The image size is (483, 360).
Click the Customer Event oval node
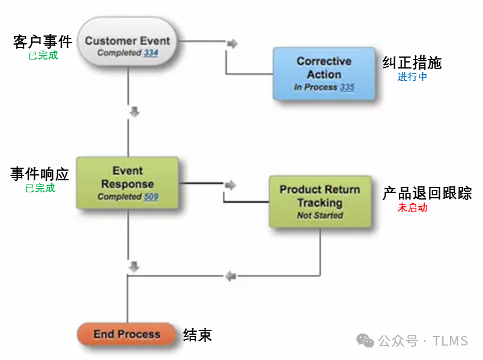(127, 41)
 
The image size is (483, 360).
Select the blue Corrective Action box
(324, 74)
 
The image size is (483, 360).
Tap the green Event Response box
(127, 183)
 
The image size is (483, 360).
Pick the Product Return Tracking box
(320, 202)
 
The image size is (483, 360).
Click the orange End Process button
(127, 334)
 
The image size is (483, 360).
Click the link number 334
(151, 53)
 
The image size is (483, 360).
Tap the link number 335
(347, 87)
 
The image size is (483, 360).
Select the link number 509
(151, 197)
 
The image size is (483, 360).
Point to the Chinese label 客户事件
(43, 41)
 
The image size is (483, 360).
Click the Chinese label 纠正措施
(412, 63)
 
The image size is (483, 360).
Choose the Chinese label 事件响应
(40, 174)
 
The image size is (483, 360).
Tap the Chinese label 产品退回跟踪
(427, 194)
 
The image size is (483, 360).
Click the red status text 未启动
(412, 208)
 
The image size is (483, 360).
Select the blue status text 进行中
(412, 77)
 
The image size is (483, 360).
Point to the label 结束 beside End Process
(198, 335)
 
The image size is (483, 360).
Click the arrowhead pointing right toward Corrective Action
(232, 43)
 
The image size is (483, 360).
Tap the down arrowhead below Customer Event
(135, 112)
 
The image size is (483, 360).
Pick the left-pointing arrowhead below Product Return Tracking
(231, 276)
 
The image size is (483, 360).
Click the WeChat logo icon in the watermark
(365, 341)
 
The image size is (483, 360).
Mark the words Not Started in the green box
(320, 215)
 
